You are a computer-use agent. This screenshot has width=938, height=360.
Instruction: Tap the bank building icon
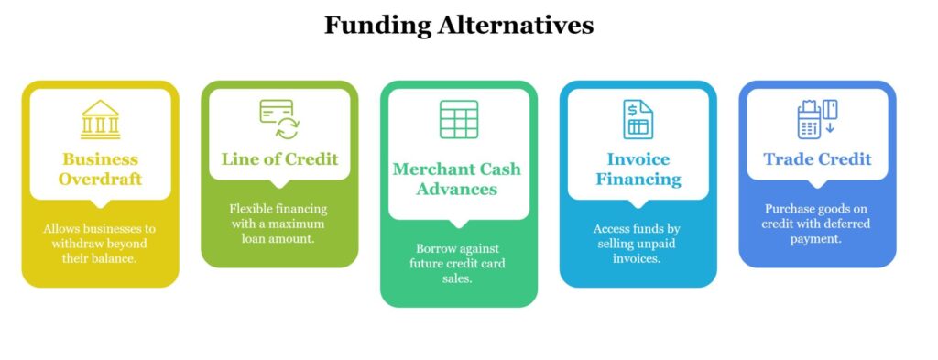pos(100,120)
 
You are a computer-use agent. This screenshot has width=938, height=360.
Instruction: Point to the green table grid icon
pos(458,119)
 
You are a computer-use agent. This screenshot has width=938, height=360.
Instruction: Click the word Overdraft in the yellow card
pos(101,179)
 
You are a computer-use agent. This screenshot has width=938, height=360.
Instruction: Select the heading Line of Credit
pos(279,158)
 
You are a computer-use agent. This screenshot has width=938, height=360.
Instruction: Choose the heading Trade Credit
pos(817,158)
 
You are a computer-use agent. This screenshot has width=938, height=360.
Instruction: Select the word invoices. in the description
pos(638,259)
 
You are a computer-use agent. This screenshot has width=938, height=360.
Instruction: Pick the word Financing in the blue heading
pos(638,179)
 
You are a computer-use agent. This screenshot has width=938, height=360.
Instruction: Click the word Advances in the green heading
pos(458,189)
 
